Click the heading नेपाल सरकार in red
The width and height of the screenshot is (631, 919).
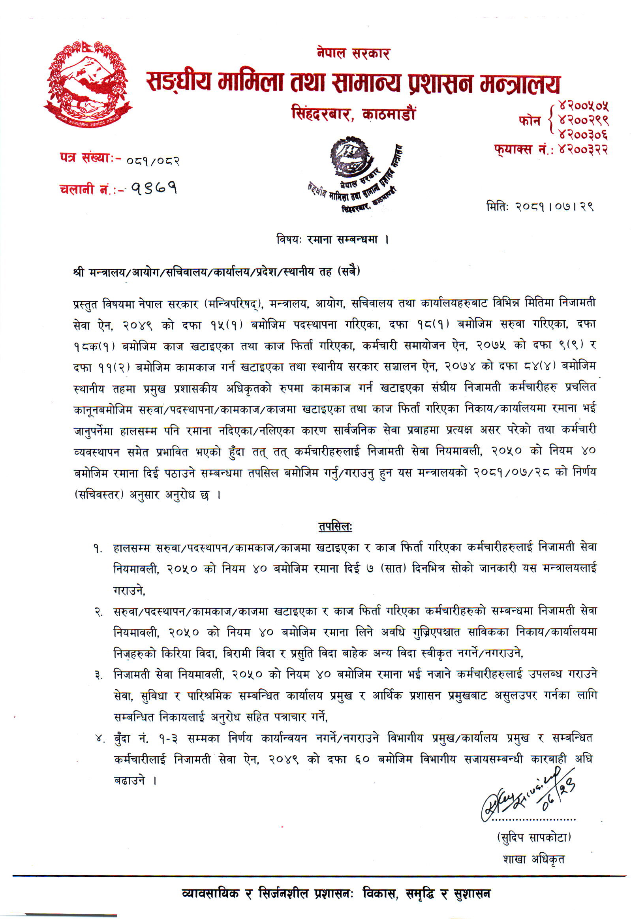coord(353,53)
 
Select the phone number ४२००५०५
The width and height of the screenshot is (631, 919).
coord(582,106)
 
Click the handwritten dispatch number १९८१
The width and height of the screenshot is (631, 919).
coord(152,189)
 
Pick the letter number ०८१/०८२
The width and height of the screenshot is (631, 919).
coord(152,161)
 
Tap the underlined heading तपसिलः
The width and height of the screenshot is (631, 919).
coord(335,527)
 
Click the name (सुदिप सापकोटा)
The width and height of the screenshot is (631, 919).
coord(533,837)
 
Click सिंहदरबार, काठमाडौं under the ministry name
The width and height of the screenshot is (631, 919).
coord(353,114)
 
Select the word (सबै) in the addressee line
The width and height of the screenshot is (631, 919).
coord(348,272)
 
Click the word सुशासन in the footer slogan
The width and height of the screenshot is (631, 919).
coord(471,894)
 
